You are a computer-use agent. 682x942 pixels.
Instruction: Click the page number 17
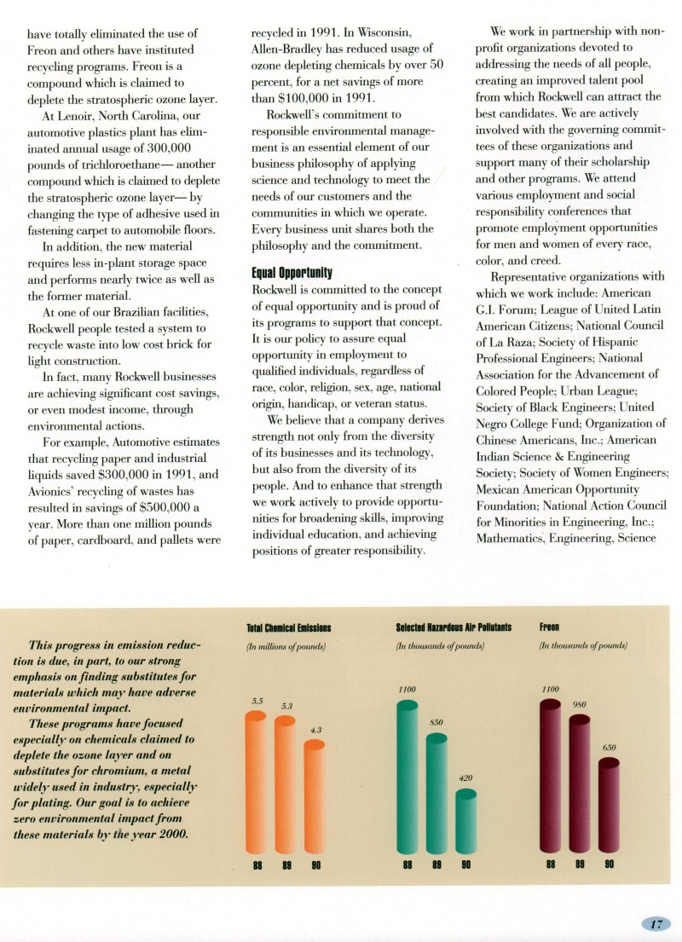tap(657, 924)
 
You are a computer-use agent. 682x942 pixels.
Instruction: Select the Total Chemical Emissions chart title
tap(288, 628)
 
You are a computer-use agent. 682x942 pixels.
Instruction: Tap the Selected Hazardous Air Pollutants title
tap(454, 628)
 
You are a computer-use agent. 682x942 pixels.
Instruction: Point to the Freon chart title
tap(549, 628)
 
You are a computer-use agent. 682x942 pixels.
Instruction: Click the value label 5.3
tap(287, 707)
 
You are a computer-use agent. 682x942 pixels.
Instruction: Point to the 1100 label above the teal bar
tap(407, 688)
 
